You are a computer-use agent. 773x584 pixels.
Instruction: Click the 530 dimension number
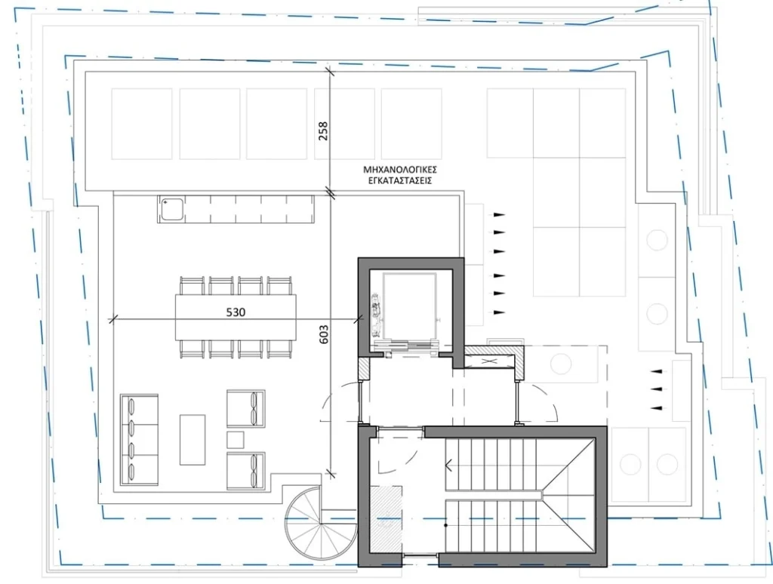[x=236, y=312]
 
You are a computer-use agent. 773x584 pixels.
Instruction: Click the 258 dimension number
[x=323, y=131]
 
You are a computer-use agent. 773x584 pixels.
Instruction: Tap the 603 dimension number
[x=323, y=334]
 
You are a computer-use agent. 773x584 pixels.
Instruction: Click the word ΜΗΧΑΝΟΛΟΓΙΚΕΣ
[x=400, y=170]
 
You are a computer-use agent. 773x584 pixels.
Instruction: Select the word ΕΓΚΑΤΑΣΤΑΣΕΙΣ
[x=400, y=180]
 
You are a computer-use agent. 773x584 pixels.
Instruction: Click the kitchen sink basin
[x=171, y=209]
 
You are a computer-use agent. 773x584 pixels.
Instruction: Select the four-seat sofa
[x=139, y=440]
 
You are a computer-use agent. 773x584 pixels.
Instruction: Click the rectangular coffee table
[x=192, y=440]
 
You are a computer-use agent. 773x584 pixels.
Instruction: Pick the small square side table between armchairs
[x=236, y=440]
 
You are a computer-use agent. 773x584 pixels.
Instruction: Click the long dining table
[x=236, y=317]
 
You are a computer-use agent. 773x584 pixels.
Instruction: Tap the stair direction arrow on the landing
[x=449, y=465]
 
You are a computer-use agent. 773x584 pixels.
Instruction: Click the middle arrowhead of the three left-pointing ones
[x=656, y=389]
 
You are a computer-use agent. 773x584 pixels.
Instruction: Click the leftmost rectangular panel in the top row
[x=141, y=124]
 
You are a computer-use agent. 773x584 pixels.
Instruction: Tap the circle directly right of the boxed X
[x=561, y=364]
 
